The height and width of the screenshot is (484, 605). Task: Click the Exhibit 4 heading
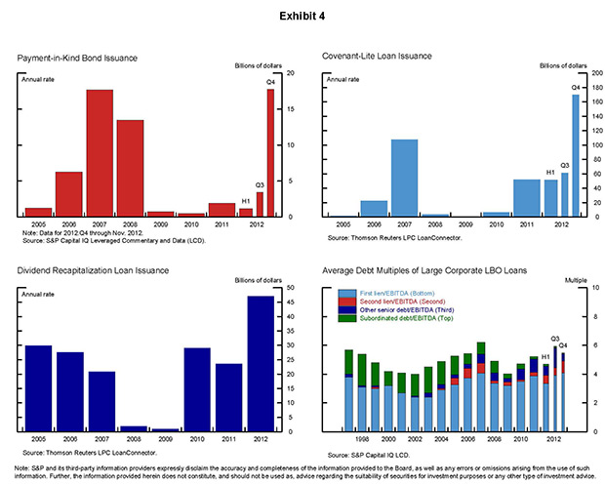pyautogui.click(x=302, y=18)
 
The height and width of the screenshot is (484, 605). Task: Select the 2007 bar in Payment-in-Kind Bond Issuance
pyautogui.click(x=99, y=152)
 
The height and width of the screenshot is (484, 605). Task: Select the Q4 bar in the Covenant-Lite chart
pyautogui.click(x=576, y=154)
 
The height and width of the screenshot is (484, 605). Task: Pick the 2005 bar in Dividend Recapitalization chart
pyautogui.click(x=38, y=388)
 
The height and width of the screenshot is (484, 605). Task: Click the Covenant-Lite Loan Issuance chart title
pyautogui.click(x=377, y=56)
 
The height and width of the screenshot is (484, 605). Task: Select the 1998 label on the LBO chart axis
pyautogui.click(x=362, y=439)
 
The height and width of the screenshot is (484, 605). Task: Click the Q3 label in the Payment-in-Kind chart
pyautogui.click(x=260, y=184)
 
